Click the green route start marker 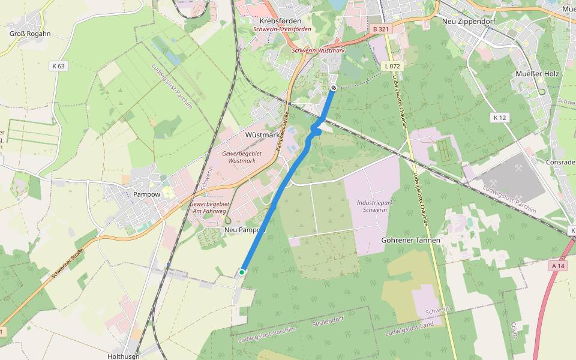(242, 272)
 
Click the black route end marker (333, 88)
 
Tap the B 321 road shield (380, 29)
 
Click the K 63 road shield (58, 66)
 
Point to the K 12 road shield (499, 118)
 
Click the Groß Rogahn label (30, 34)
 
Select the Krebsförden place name (280, 20)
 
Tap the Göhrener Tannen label (411, 240)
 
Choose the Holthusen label (124, 356)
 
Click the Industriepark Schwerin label (375, 206)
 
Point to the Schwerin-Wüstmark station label (319, 50)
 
